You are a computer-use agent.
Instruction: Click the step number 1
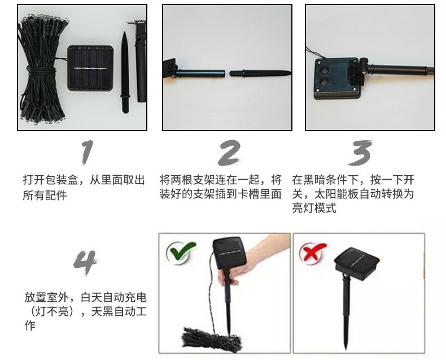[87, 153]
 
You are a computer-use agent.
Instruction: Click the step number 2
[229, 153]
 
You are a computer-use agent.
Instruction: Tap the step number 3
[360, 153]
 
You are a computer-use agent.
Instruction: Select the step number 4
[85, 263]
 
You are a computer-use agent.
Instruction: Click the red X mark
[313, 251]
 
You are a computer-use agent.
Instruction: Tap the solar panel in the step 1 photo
[90, 68]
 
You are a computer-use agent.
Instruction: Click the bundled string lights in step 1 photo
[43, 68]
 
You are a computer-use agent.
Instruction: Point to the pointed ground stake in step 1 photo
[125, 73]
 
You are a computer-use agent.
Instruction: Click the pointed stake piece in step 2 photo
[260, 73]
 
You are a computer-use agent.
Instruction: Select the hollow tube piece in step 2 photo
[200, 73]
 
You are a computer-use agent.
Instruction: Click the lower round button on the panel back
[323, 81]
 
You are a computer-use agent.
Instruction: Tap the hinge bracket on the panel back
[357, 71]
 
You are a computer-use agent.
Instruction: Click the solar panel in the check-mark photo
[229, 254]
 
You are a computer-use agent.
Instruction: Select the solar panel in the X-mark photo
[357, 263]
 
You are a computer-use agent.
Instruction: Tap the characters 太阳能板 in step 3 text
[336, 194]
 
